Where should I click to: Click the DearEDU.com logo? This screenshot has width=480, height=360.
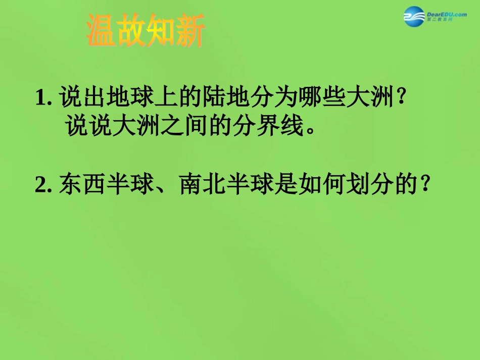[435, 17]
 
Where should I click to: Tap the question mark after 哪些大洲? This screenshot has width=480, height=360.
[402, 96]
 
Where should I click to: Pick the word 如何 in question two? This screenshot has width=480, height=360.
[323, 185]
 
